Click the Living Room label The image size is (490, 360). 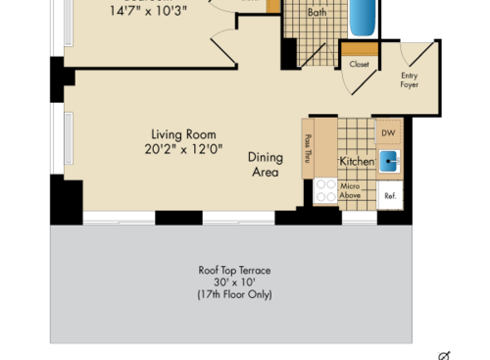183,134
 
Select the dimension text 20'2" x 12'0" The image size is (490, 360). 183,150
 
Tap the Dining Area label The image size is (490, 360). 264,164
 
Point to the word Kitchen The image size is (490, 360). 357,161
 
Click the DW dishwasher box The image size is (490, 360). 387,132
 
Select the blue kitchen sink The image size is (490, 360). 389,161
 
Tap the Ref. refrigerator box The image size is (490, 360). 389,194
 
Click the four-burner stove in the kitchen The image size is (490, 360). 325,190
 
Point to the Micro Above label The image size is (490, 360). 351,190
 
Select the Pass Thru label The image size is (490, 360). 308,148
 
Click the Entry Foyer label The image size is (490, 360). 410,79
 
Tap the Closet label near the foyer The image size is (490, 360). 359,64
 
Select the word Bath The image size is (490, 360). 317,13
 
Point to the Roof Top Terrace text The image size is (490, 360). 234,270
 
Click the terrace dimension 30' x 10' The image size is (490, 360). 234,282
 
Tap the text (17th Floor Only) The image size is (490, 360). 234,294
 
